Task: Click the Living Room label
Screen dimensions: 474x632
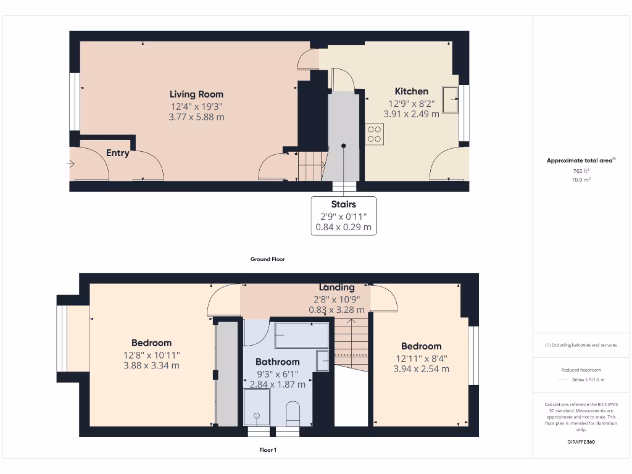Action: (x=196, y=94)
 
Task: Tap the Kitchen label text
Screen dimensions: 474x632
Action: (x=411, y=91)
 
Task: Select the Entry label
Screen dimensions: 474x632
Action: (x=117, y=153)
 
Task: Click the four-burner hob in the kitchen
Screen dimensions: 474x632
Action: (x=374, y=134)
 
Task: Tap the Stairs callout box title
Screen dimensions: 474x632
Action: (x=344, y=204)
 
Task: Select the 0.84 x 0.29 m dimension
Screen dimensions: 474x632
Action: (x=344, y=227)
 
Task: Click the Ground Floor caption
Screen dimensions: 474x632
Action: (x=267, y=259)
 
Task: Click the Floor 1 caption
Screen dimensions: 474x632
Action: (x=267, y=451)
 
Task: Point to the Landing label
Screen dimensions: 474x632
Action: (x=336, y=287)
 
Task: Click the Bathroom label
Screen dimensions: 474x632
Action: (x=277, y=362)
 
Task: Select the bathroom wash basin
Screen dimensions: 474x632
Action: (x=323, y=360)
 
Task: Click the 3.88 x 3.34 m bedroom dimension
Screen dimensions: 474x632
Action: (x=151, y=365)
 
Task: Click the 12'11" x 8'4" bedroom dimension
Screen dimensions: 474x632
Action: (x=421, y=358)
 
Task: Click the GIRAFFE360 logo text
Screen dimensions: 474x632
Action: (x=581, y=442)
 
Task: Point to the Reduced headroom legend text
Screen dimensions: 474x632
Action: (x=580, y=370)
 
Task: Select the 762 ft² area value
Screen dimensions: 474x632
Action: (x=580, y=171)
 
